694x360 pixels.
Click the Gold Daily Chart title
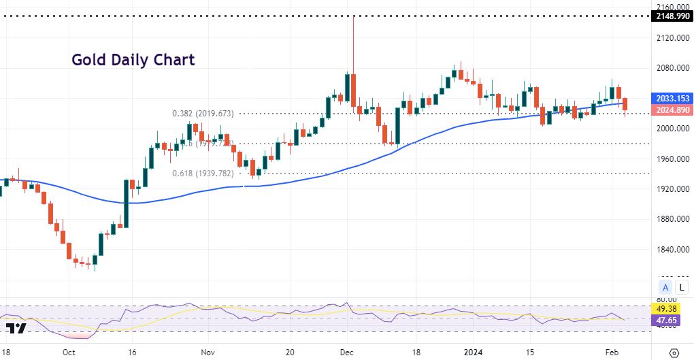point(133,60)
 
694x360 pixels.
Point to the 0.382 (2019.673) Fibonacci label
point(202,114)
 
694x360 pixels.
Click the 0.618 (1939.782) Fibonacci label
point(202,174)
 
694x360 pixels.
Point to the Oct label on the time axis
point(68,353)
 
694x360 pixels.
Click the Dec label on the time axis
point(347,353)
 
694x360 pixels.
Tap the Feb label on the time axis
point(612,353)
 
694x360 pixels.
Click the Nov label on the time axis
point(208,353)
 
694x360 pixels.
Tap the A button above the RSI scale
point(665,287)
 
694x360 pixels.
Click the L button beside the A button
point(681,287)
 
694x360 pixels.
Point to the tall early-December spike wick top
point(354,16)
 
